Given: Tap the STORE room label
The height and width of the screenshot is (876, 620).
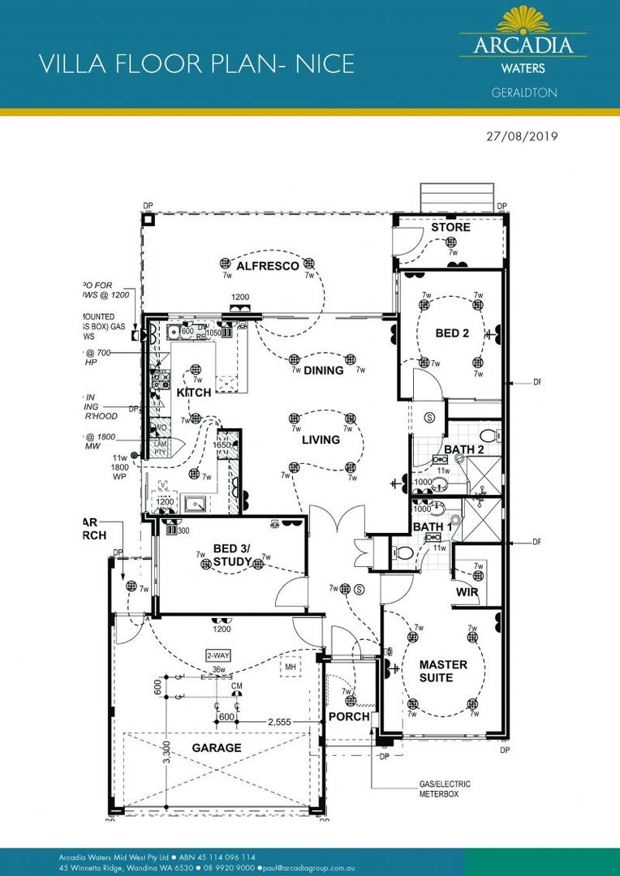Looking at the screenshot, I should pyautogui.click(x=450, y=227).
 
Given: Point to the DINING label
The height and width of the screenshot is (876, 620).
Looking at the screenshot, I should pyautogui.click(x=324, y=371).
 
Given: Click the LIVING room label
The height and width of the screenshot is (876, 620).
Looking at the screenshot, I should pyautogui.click(x=321, y=440).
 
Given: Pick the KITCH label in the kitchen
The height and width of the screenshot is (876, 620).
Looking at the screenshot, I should pyautogui.click(x=194, y=393).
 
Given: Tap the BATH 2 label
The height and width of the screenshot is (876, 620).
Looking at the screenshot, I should pyautogui.click(x=464, y=449).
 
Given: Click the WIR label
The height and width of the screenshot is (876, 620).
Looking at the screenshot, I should pyautogui.click(x=467, y=593).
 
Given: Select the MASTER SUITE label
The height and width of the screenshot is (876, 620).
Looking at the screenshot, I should pyautogui.click(x=443, y=671).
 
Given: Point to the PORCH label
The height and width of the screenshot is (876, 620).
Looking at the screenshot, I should pyautogui.click(x=349, y=717).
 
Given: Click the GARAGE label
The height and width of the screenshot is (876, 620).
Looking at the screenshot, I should pyautogui.click(x=217, y=747).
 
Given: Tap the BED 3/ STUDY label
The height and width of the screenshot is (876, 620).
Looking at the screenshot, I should pyautogui.click(x=234, y=556).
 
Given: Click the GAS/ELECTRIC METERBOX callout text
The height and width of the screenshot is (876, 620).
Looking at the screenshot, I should pyautogui.click(x=444, y=789).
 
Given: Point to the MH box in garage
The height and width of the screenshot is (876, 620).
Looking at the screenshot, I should pyautogui.click(x=290, y=667).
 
